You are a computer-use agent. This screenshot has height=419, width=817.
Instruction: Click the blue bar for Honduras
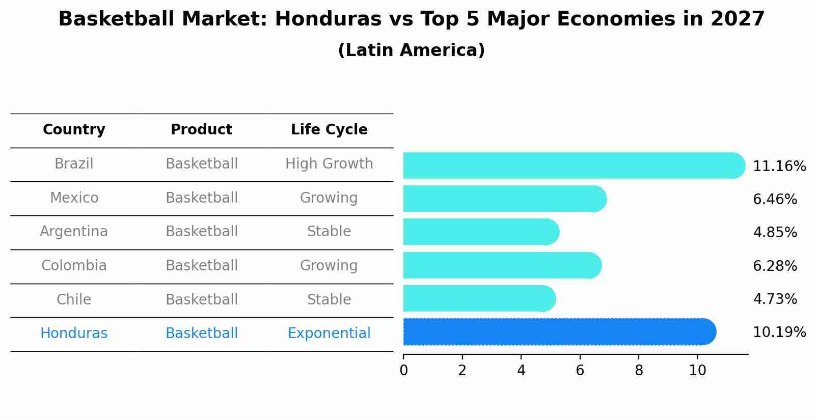(x=559, y=332)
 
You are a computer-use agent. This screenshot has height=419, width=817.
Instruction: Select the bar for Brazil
(x=574, y=165)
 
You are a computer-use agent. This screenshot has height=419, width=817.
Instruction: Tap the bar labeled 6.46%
(x=504, y=199)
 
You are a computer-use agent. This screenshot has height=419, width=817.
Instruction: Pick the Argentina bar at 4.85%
(x=481, y=232)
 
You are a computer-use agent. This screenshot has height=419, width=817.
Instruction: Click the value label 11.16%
(x=779, y=166)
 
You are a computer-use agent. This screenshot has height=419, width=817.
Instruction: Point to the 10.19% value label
(x=779, y=332)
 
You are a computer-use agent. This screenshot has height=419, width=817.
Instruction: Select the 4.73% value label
(x=775, y=299)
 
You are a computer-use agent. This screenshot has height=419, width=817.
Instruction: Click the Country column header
(x=74, y=130)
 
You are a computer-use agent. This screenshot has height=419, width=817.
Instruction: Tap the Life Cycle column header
(x=329, y=130)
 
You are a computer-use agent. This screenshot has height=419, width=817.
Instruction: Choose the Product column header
(x=201, y=130)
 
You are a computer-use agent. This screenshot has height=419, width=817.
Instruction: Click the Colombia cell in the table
(x=74, y=266)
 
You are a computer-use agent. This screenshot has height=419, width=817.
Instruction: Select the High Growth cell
(x=329, y=164)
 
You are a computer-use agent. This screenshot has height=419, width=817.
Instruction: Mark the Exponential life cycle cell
(x=329, y=333)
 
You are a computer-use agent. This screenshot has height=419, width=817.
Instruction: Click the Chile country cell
(x=74, y=299)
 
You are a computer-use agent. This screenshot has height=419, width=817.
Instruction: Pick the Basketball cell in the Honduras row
(x=201, y=333)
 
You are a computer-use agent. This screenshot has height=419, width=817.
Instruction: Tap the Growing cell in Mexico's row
(x=329, y=198)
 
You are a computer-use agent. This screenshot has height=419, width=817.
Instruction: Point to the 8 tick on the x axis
(x=639, y=371)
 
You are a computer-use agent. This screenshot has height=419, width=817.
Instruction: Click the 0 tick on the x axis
(x=403, y=371)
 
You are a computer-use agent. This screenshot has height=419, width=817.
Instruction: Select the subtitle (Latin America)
(x=411, y=50)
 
